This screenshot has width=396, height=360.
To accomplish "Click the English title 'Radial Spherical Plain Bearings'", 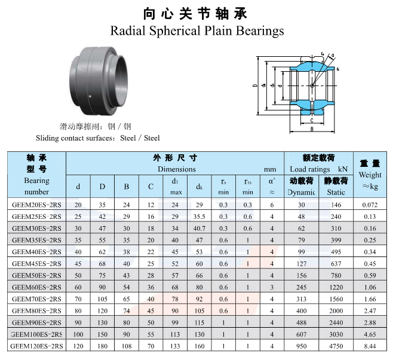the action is [197, 31].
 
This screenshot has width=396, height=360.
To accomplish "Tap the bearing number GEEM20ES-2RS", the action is [36, 205].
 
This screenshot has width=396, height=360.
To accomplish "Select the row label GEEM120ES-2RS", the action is [36, 346].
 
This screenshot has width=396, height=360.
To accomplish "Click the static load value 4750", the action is [336, 346].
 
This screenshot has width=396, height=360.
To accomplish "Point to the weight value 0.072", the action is [370, 205].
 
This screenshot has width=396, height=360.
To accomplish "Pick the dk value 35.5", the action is [199, 216].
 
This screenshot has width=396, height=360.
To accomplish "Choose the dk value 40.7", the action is [199, 228].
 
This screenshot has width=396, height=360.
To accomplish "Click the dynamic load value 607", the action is [301, 334].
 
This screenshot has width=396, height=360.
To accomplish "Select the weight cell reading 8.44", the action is [370, 346].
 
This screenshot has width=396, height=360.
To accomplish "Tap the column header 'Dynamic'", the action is [301, 193].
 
